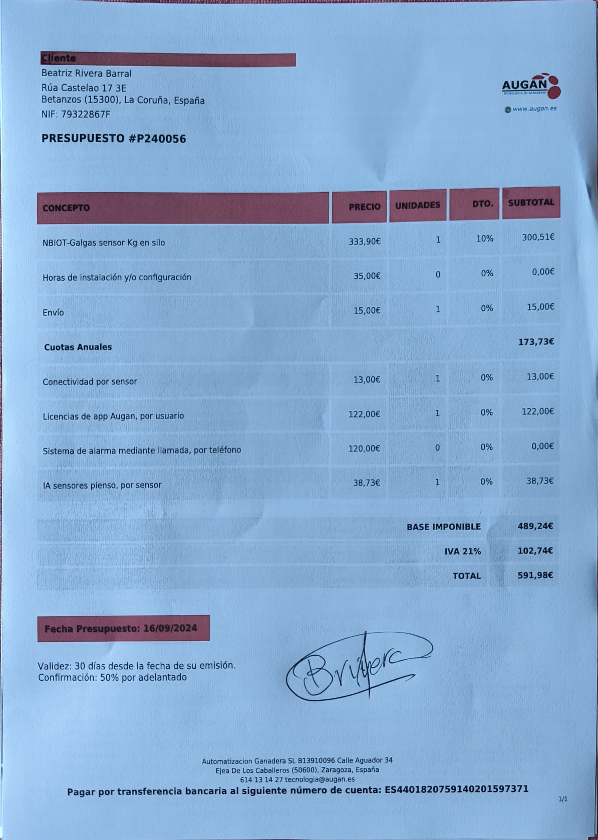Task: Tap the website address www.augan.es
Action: pyautogui.click(x=534, y=109)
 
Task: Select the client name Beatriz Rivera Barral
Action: pyautogui.click(x=86, y=74)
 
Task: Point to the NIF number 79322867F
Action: pyautogui.click(x=85, y=114)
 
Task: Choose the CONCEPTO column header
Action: pyautogui.click(x=66, y=208)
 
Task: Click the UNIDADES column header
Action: pyautogui.click(x=417, y=205)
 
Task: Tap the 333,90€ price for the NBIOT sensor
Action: pyautogui.click(x=365, y=241)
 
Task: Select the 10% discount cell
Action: pyautogui.click(x=484, y=239)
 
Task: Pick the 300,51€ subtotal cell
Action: pyautogui.click(x=538, y=237)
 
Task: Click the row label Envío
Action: pyautogui.click(x=53, y=312)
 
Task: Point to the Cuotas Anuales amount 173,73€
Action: pyautogui.click(x=536, y=342)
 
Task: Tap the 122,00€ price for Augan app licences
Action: pyautogui.click(x=364, y=414)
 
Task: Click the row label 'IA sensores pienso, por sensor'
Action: pyautogui.click(x=102, y=485)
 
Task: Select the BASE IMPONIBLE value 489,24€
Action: pyautogui.click(x=535, y=526)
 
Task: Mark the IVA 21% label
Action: pyautogui.click(x=462, y=551)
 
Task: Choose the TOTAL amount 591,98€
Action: pyautogui.click(x=535, y=575)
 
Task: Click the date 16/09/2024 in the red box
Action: pyautogui.click(x=170, y=628)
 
